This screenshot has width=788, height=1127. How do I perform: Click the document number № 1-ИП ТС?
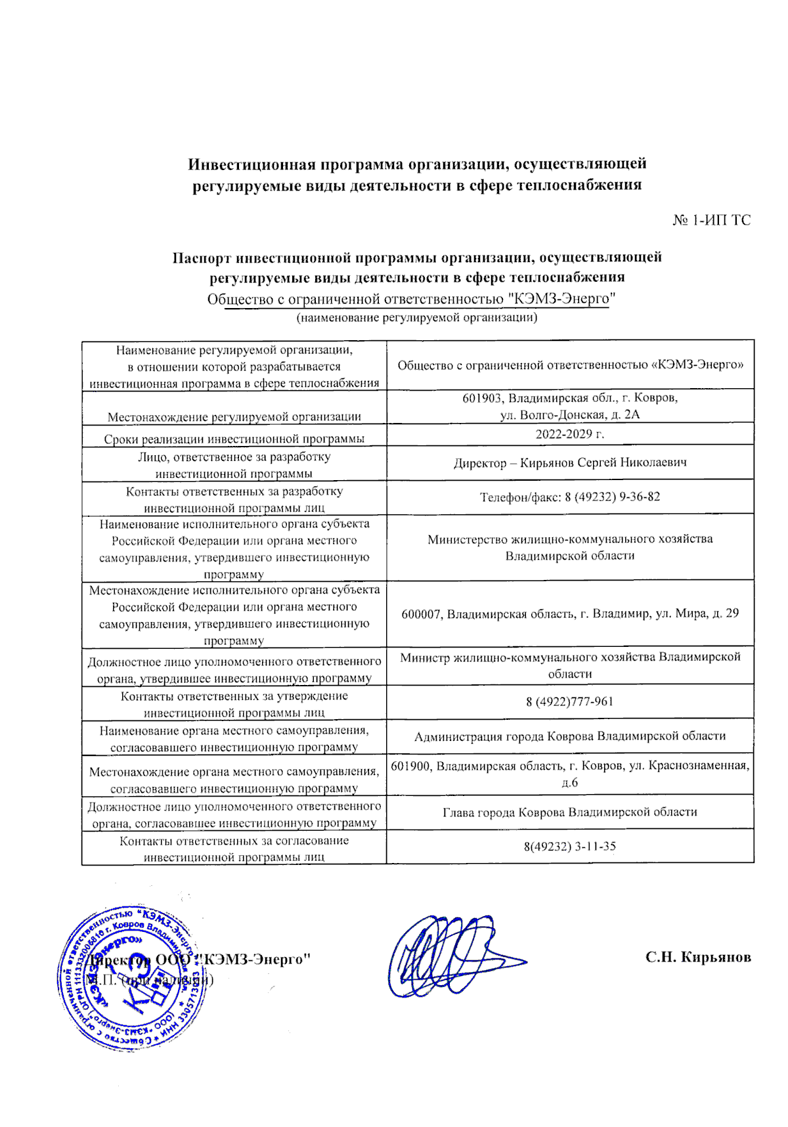(x=711, y=221)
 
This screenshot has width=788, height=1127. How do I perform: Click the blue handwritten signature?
(x=453, y=956)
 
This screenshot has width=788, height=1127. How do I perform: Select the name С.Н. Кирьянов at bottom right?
(x=698, y=957)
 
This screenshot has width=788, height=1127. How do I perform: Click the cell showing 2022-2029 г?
(x=569, y=434)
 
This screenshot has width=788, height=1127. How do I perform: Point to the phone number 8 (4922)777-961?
(x=569, y=701)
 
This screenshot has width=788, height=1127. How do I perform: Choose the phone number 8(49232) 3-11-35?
(x=569, y=846)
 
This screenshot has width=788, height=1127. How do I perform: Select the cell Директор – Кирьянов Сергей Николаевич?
(x=569, y=463)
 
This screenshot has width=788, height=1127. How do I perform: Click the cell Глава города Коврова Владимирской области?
(x=569, y=812)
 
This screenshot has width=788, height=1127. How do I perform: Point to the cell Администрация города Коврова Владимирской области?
(x=569, y=736)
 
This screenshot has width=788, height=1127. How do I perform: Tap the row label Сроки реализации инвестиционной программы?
(x=234, y=439)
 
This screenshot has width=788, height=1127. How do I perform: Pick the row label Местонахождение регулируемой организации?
(x=234, y=416)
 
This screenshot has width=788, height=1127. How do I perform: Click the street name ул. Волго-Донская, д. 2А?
(x=569, y=415)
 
